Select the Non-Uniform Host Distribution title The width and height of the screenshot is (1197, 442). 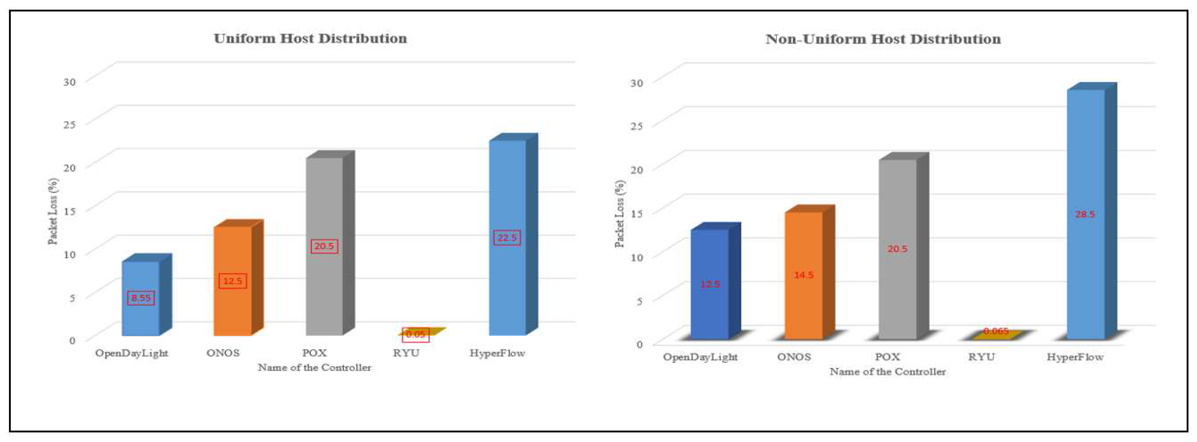point(883,39)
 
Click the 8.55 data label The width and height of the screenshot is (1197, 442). point(141,298)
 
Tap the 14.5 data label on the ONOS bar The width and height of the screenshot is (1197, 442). point(804,275)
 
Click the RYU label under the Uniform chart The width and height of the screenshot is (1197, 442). point(406,353)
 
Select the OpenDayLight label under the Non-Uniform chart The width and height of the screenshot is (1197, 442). point(700,357)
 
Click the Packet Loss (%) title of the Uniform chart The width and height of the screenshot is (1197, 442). point(53,211)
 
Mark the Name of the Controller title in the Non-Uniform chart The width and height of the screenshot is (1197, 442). point(888,372)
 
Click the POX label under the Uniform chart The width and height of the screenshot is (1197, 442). point(315,353)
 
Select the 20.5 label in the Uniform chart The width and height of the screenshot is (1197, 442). point(324,246)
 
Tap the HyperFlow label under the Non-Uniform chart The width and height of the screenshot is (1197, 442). point(1075,357)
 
